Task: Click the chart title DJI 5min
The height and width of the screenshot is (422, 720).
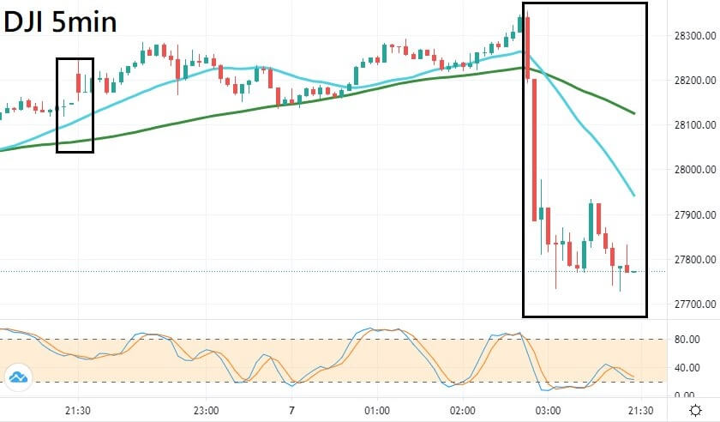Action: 60,21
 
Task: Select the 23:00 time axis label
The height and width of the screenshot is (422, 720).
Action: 206,410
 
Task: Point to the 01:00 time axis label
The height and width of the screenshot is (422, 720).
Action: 376,410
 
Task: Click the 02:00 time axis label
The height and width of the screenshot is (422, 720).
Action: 462,410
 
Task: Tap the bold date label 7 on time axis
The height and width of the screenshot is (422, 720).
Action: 291,410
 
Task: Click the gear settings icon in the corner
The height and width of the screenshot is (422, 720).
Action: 695,410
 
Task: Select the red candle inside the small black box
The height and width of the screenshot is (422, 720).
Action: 79,82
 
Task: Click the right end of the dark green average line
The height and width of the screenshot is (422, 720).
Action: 633,112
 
